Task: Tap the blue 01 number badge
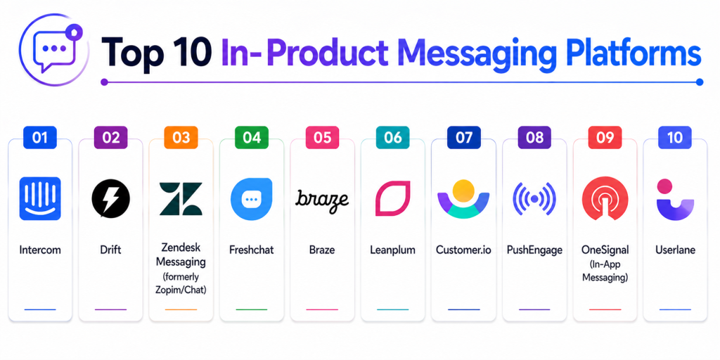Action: (40, 138)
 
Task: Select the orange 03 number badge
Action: (181, 138)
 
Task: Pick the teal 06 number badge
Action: (392, 138)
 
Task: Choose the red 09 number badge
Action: (605, 138)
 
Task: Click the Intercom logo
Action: (40, 198)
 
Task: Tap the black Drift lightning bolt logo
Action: (110, 198)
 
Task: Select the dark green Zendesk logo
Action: (181, 199)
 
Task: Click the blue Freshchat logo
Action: (251, 198)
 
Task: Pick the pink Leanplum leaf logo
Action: (392, 198)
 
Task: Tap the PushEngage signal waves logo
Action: (534, 199)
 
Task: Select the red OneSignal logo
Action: (604, 199)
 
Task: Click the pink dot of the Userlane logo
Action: (664, 186)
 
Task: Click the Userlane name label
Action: (675, 250)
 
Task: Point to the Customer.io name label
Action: (463, 250)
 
